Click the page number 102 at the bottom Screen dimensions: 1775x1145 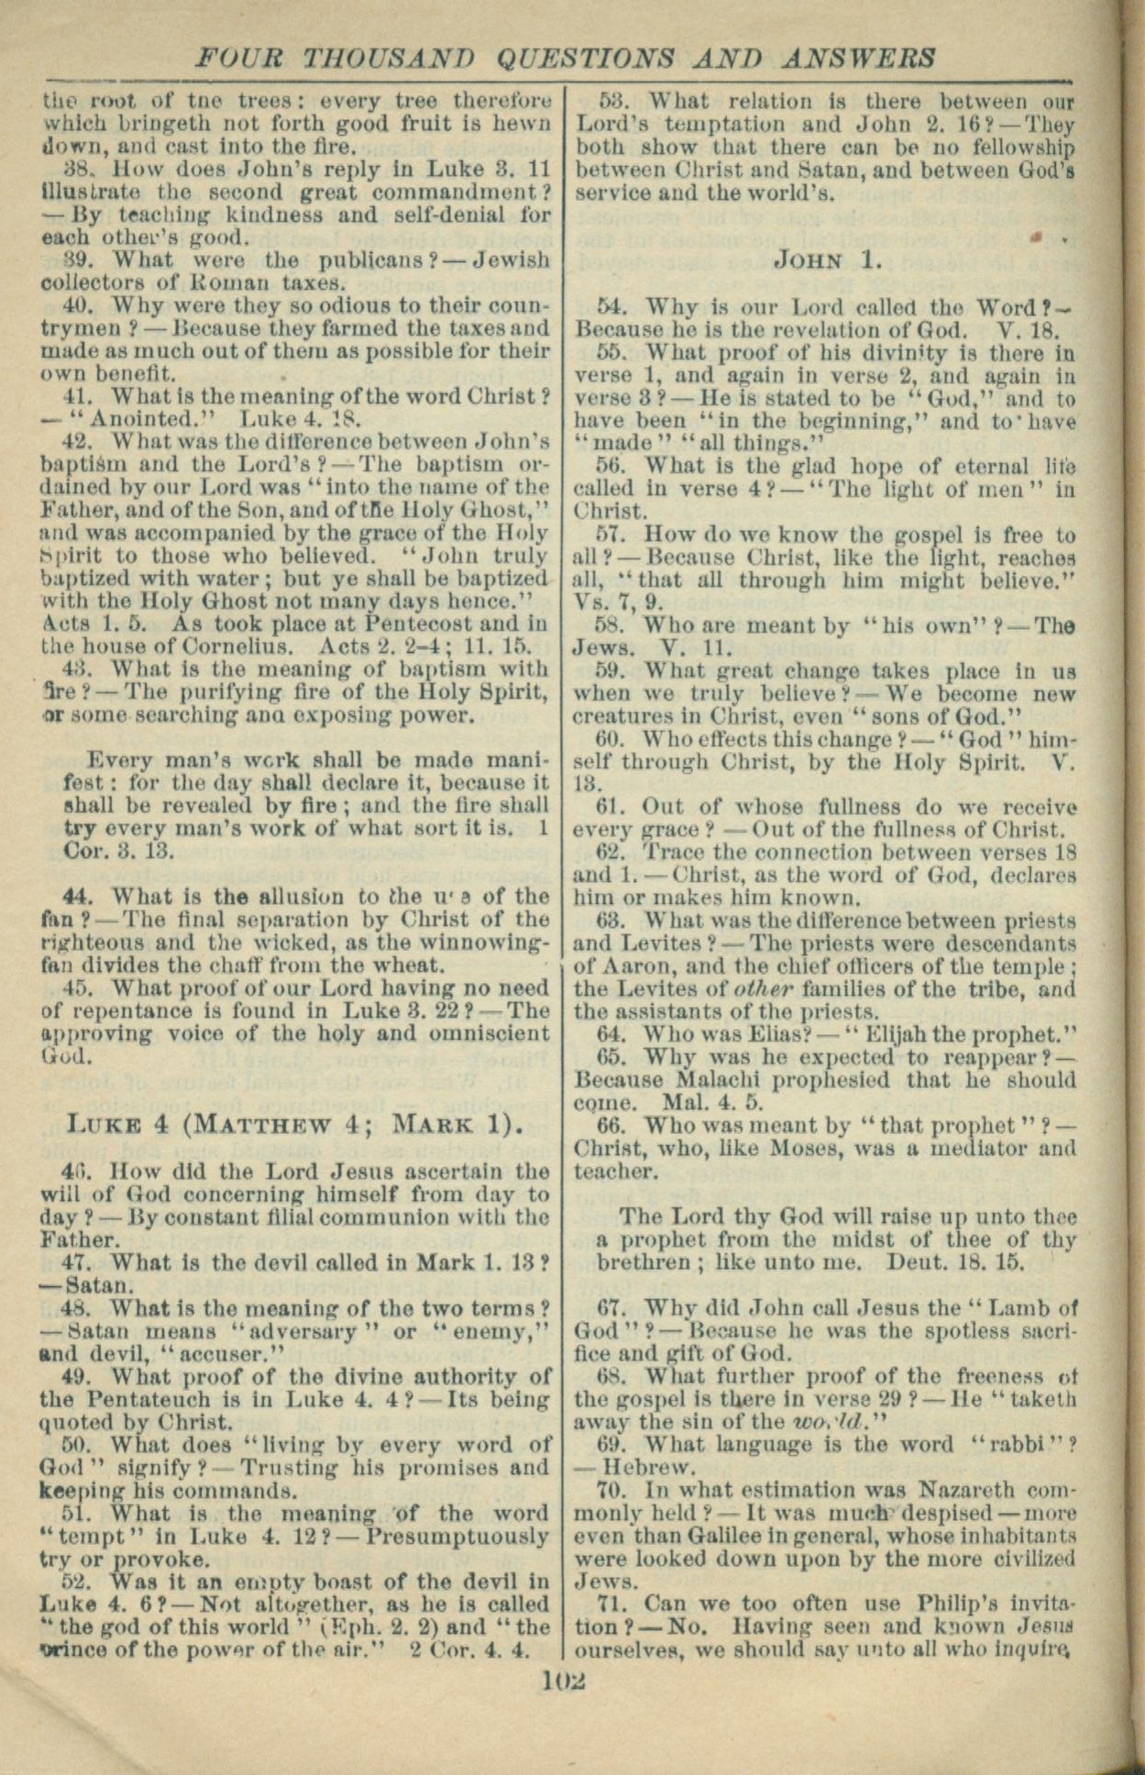pos(563,1680)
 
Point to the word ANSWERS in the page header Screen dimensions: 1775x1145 pos(859,58)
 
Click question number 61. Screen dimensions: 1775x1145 pos(610,807)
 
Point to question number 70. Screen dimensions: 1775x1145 pos(610,1491)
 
